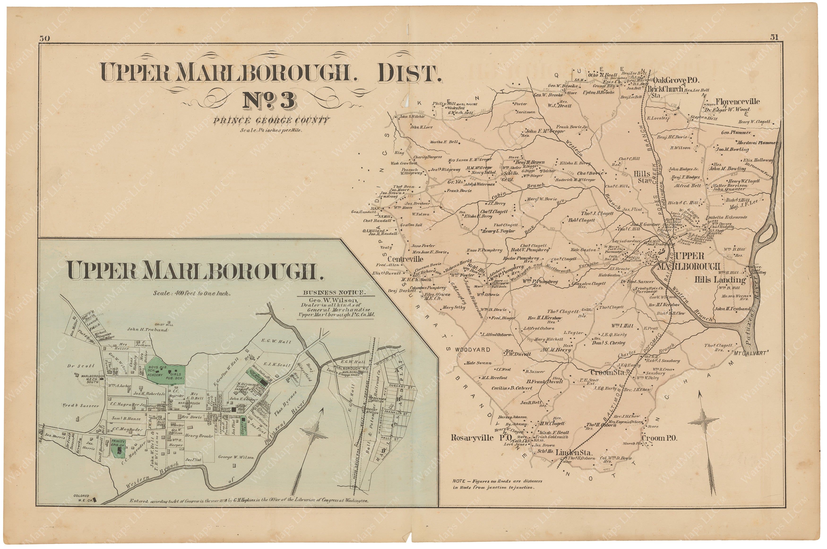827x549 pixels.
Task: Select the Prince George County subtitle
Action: [x=271, y=121]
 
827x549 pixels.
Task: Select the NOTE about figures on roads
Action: [x=497, y=484]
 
